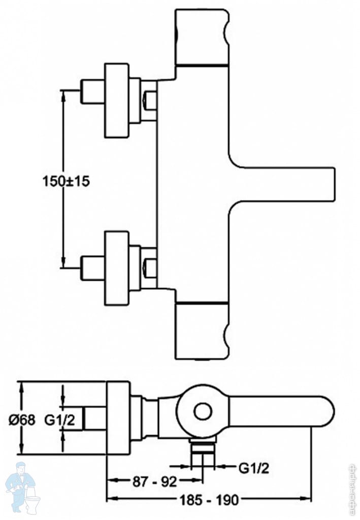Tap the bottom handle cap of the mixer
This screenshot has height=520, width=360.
coord(202,331)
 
